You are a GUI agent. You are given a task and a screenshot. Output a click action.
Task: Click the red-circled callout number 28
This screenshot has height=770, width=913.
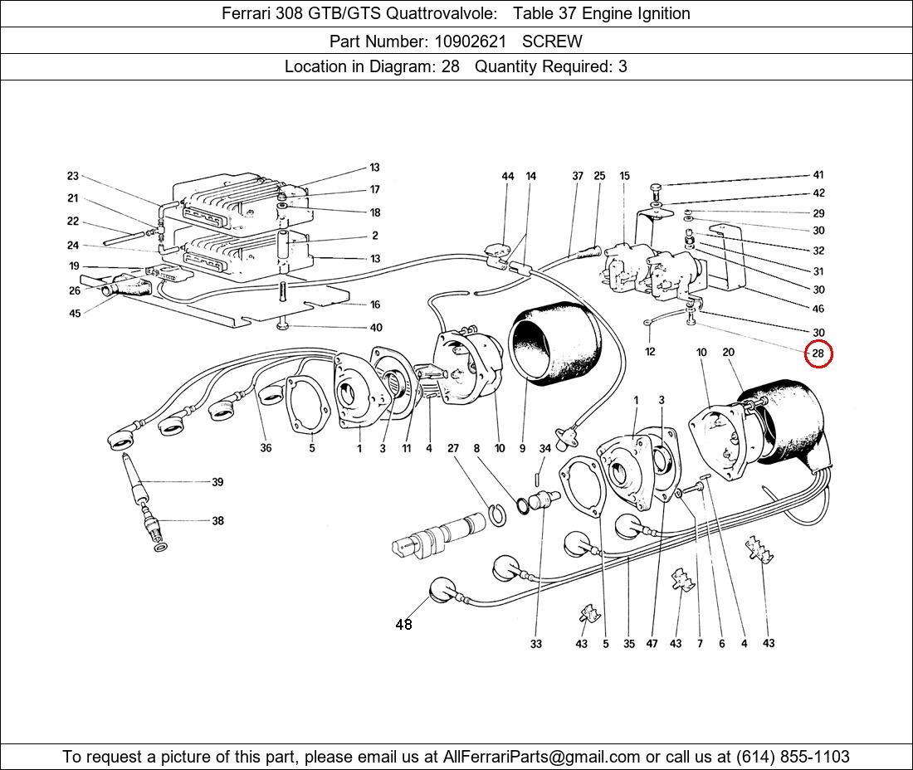pos(818,353)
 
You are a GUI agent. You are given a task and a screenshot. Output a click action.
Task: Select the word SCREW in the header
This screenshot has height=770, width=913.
pos(552,41)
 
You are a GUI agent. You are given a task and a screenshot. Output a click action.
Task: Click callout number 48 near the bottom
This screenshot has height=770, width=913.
pos(403,625)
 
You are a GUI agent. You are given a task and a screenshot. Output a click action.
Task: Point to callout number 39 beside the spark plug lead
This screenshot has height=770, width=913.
pos(217,482)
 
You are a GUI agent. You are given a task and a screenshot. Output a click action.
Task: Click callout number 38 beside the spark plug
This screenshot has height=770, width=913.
pos(217,521)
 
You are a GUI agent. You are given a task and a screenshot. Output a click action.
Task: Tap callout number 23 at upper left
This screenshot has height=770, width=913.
pos(73,176)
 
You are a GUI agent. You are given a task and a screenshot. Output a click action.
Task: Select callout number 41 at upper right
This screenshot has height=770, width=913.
pos(818,175)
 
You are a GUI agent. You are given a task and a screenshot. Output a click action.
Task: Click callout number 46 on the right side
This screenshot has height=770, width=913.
pos(818,309)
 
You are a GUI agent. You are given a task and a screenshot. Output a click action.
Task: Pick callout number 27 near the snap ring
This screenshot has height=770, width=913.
pos(453,449)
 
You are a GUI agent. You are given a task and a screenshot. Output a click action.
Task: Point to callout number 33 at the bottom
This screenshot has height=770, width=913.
pos(536,644)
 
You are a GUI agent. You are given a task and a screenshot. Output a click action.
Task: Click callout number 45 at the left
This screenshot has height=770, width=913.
pos(75,314)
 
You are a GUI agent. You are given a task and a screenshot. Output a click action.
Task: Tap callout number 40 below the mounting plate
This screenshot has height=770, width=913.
pos(376,328)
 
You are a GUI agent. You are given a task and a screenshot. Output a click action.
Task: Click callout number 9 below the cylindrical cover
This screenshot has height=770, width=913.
pos(522,449)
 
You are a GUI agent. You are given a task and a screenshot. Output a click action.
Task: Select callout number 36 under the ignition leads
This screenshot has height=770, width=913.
pos(266,449)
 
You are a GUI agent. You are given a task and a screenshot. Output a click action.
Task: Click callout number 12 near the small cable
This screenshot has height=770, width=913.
pos(650,352)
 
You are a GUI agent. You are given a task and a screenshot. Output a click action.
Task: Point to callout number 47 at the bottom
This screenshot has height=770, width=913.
pos(653,644)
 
